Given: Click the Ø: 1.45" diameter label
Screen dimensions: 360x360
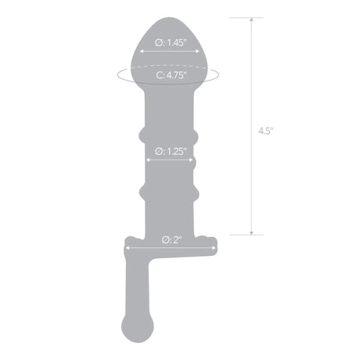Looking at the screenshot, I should coord(164,44).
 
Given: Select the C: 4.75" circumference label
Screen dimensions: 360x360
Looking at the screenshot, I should coord(164,76).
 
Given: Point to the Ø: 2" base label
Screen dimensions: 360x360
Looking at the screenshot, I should coord(170,239).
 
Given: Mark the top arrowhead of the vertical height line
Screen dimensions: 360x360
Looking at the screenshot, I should coord(251,20).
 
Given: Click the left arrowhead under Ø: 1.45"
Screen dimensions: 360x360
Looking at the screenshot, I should coord(141,53).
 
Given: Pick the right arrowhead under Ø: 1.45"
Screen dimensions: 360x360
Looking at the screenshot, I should coord(188,53).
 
